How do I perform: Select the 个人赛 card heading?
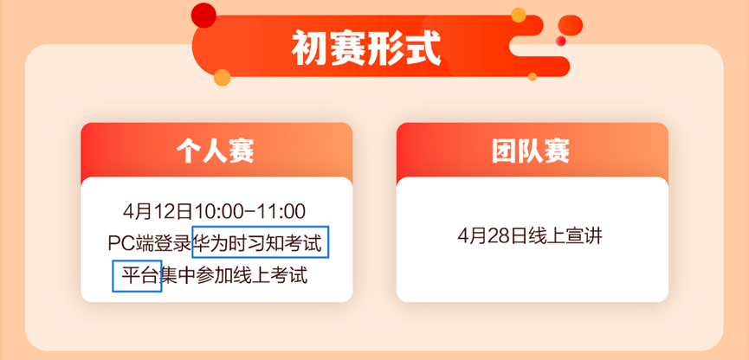pyautogui.click(x=215, y=151)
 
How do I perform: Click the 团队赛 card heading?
pyautogui.click(x=531, y=151)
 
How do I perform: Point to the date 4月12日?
pyautogui.click(x=158, y=211)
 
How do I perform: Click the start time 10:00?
pyautogui.click(x=218, y=211)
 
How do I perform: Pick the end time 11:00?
pyautogui.click(x=281, y=211)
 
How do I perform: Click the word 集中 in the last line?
pyautogui.click(x=178, y=275)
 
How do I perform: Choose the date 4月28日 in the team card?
pyautogui.click(x=493, y=236)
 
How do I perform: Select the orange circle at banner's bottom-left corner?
pyautogui.click(x=223, y=77)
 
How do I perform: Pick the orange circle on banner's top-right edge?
pyautogui.click(x=519, y=15)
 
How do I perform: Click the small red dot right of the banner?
pyautogui.click(x=561, y=41)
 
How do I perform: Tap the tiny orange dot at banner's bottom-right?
pyautogui.click(x=533, y=76)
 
